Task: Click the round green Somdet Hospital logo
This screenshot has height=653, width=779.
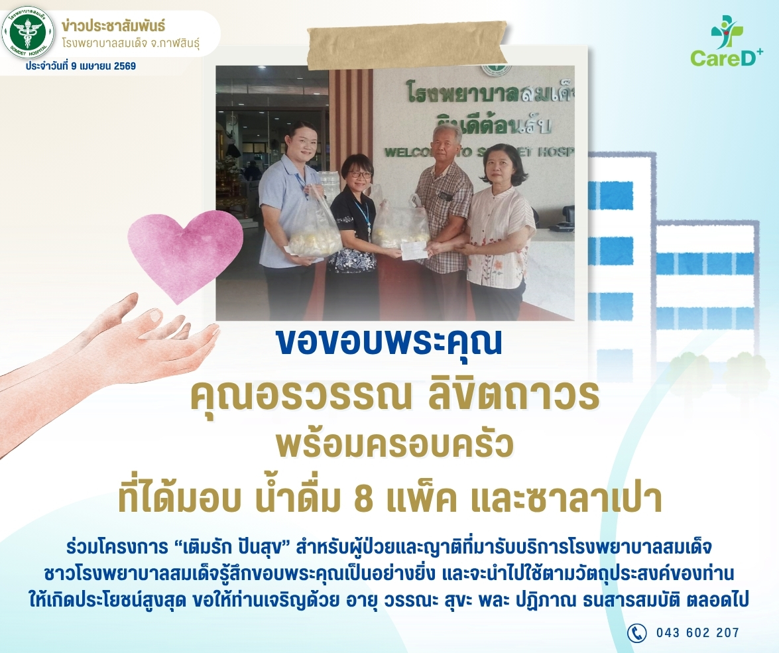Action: [28, 33]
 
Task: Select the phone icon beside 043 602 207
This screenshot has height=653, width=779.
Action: [637, 632]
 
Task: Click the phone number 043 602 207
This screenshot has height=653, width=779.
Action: [697, 632]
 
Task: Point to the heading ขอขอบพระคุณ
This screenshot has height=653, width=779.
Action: [389, 341]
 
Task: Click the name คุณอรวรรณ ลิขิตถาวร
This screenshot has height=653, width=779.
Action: [395, 395]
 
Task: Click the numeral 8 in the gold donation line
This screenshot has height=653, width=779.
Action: [364, 499]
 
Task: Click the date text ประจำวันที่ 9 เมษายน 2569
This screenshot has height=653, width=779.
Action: [81, 66]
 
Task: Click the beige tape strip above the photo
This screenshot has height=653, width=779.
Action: [407, 44]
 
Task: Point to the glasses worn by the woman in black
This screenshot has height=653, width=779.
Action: [361, 174]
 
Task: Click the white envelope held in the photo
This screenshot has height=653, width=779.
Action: [414, 250]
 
